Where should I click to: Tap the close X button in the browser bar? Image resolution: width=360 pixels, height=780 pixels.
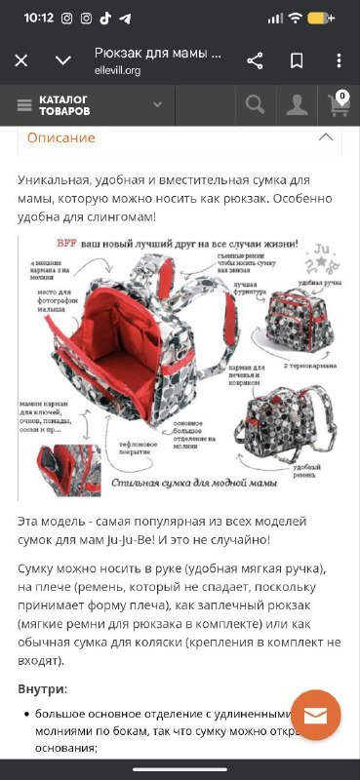pyautogui.click(x=20, y=61)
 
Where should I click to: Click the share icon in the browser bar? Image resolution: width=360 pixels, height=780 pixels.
pyautogui.click(x=255, y=61)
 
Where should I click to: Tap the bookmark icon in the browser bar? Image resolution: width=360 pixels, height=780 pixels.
pyautogui.click(x=297, y=61)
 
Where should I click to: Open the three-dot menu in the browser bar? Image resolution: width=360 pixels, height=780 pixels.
pyautogui.click(x=339, y=61)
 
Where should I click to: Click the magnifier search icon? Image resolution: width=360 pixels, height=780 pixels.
pyautogui.click(x=255, y=104)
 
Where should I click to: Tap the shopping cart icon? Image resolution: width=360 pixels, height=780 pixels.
pyautogui.click(x=338, y=106)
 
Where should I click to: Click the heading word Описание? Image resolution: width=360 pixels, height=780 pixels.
pyautogui.click(x=60, y=137)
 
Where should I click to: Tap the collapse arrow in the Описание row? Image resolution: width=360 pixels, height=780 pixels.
pyautogui.click(x=325, y=137)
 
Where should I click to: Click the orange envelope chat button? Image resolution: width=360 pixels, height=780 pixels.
pyautogui.click(x=315, y=716)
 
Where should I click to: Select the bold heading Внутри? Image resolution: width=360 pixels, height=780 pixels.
pyautogui.click(x=42, y=688)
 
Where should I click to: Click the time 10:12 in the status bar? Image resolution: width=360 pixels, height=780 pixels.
pyautogui.click(x=38, y=18)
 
